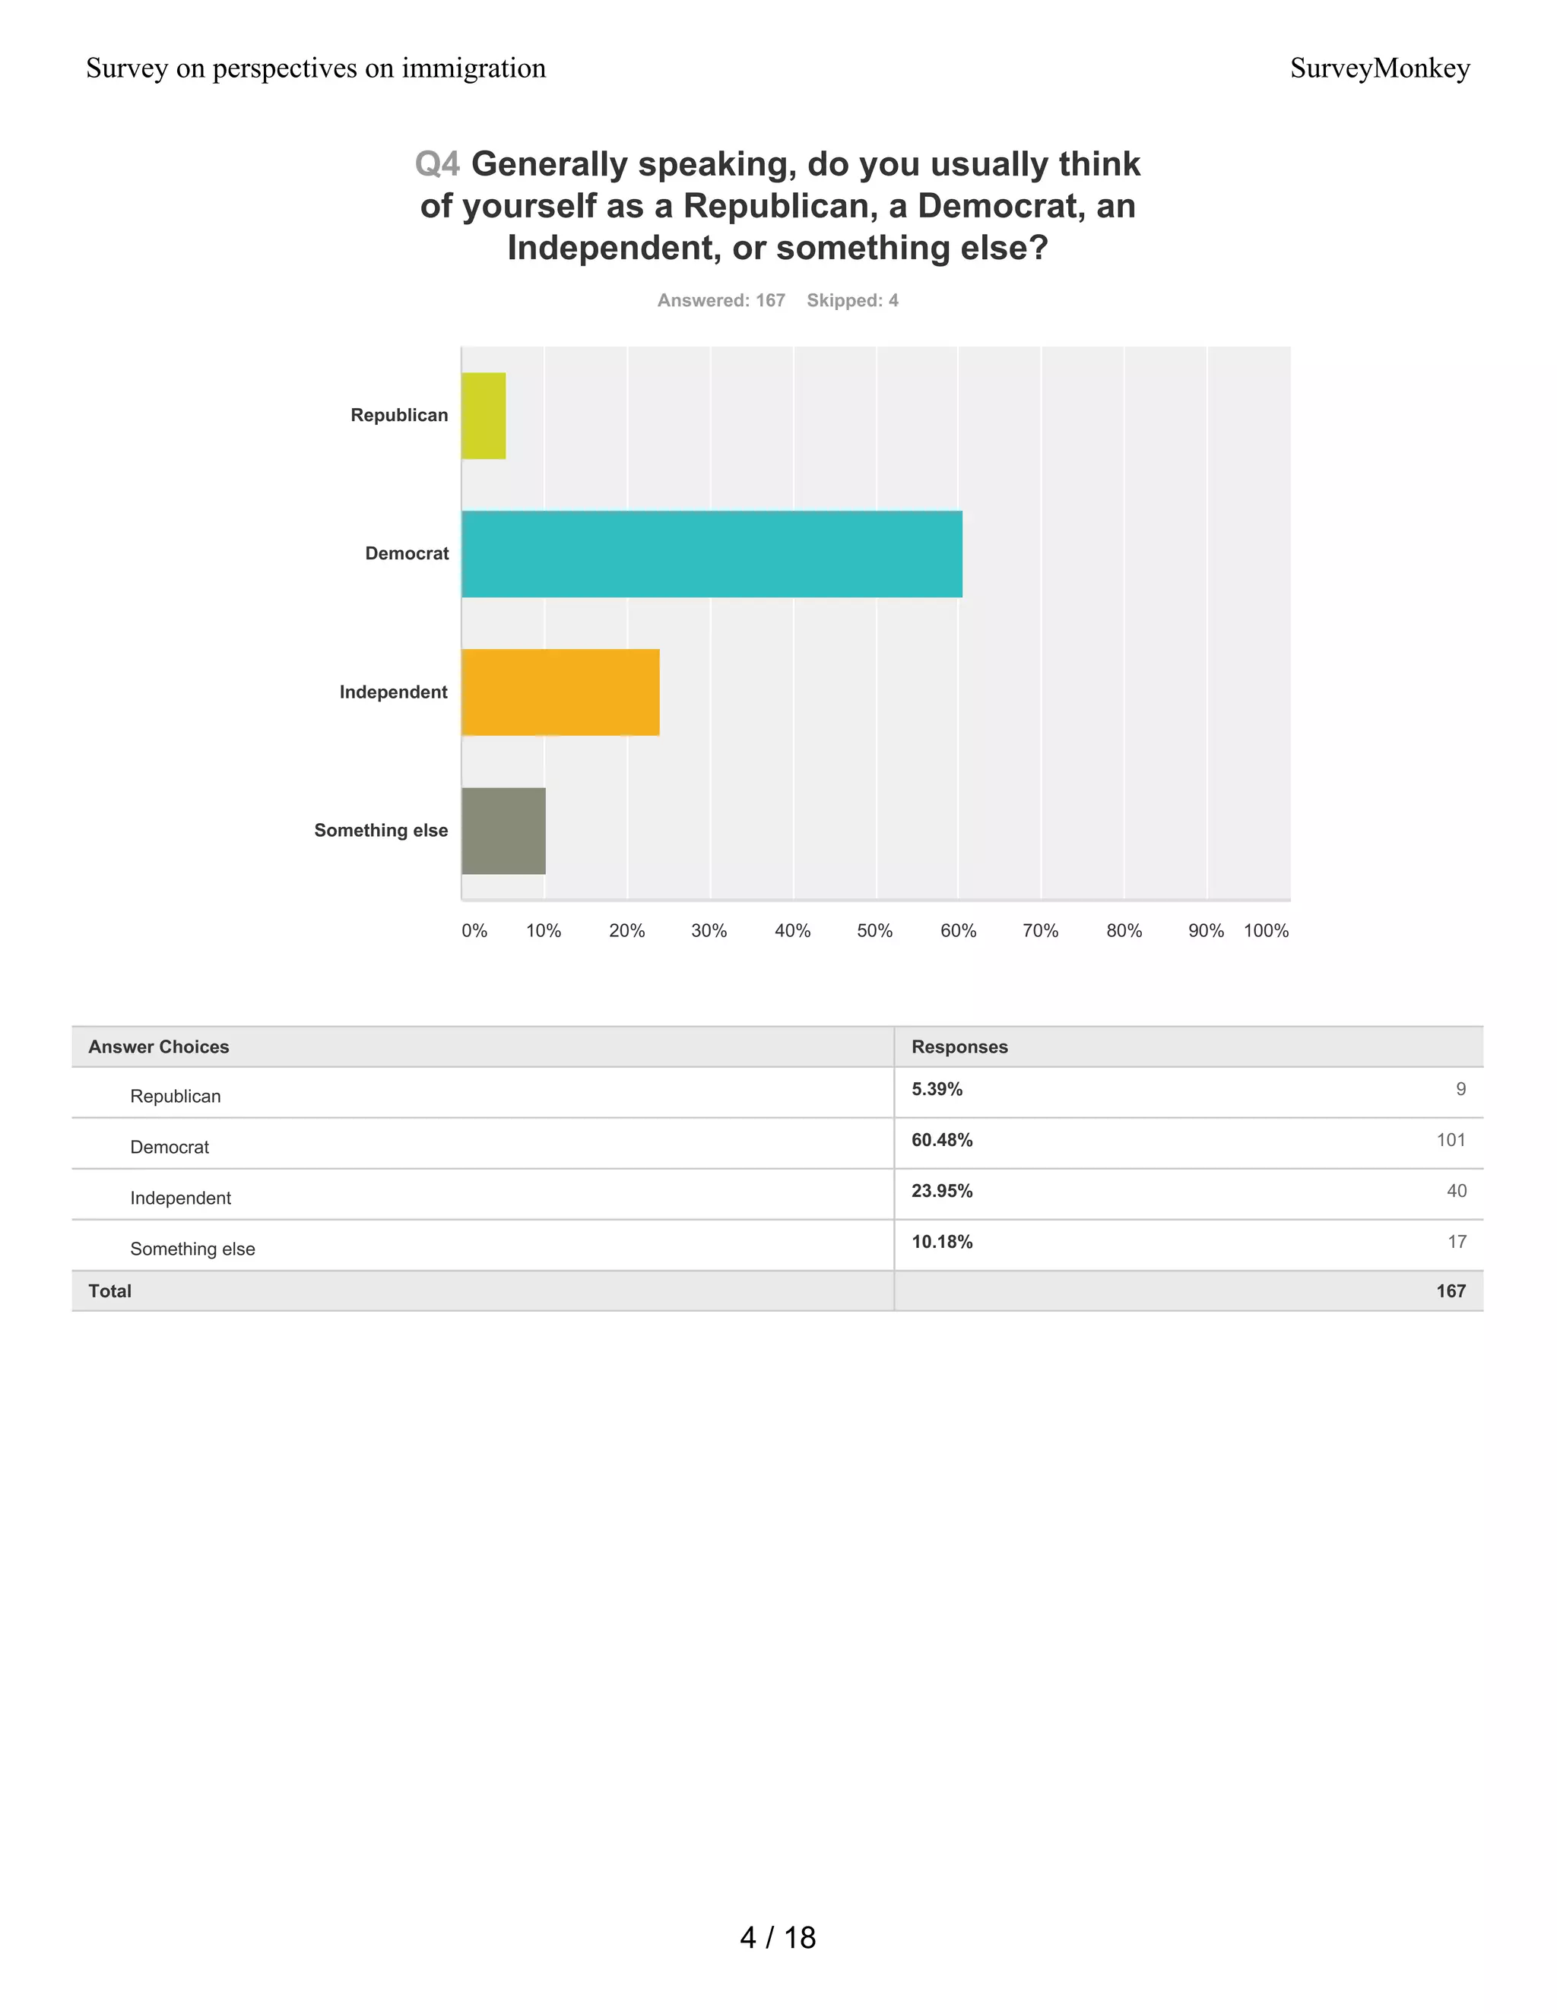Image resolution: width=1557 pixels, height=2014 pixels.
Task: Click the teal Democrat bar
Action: [711, 554]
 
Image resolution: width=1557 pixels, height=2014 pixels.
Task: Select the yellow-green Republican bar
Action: [484, 416]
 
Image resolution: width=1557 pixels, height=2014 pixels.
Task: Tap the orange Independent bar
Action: [560, 692]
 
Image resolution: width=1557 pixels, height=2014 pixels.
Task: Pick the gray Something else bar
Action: [503, 831]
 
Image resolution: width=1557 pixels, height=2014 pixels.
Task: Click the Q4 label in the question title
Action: [437, 164]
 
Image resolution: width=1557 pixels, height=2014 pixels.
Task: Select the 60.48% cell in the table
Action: [942, 1140]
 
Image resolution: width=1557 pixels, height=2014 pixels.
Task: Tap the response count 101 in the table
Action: [1450, 1140]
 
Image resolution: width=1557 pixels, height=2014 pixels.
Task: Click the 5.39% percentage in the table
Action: [936, 1089]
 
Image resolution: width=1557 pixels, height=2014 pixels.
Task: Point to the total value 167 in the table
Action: [1450, 1291]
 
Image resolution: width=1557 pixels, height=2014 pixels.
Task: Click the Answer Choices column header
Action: [159, 1047]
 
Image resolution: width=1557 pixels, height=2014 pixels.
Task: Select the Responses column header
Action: [959, 1047]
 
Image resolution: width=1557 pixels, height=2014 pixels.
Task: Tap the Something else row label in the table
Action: [193, 1249]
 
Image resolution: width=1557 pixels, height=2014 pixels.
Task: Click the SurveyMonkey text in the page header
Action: [1379, 68]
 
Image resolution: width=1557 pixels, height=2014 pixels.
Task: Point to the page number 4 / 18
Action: [778, 1937]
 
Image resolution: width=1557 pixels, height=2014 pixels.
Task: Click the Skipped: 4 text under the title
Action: [852, 301]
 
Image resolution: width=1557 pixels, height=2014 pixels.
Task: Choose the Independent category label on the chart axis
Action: [393, 692]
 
